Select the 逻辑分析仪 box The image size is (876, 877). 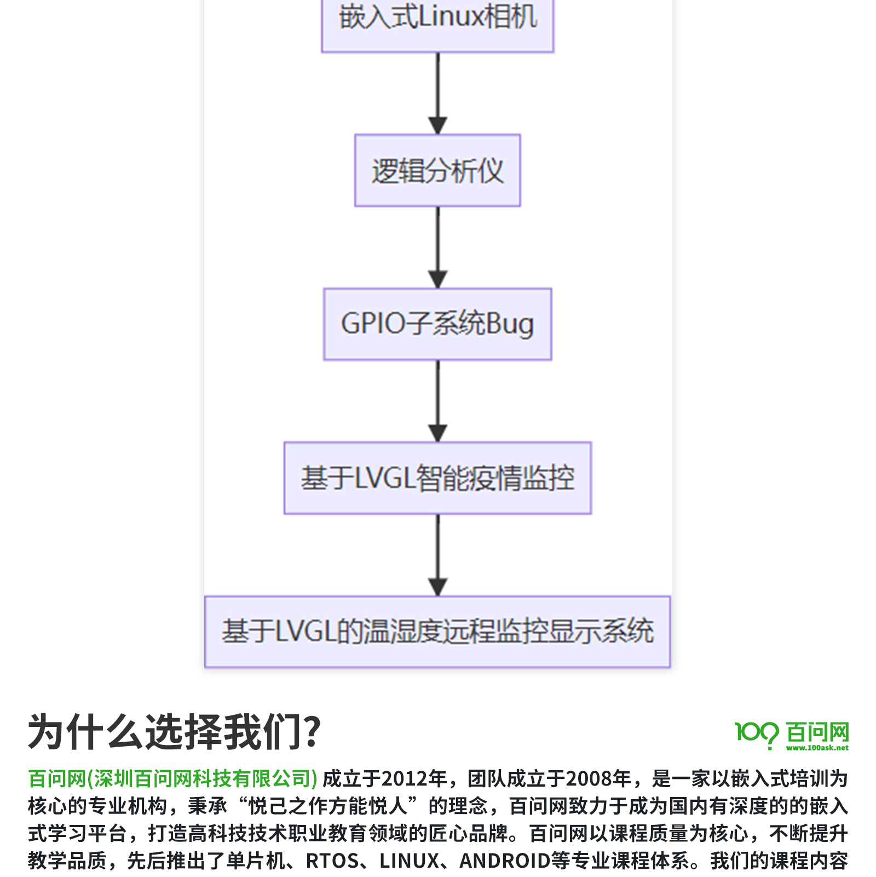tap(437, 170)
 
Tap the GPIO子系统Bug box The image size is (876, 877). tap(437, 324)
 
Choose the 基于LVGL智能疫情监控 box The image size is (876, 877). tap(437, 478)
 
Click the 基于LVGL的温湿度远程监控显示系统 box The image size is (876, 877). tap(437, 632)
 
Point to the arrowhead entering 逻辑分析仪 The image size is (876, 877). tap(437, 126)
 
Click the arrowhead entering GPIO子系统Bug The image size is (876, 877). tap(437, 280)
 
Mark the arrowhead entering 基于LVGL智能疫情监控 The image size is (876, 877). tap(437, 433)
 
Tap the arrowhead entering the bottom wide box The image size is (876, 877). tap(437, 587)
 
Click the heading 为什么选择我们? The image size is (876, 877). tap(174, 732)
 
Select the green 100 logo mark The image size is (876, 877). tap(756, 733)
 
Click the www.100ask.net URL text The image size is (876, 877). tap(817, 748)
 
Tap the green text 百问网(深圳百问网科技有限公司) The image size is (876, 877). tap(172, 778)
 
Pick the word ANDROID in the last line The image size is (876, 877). tap(504, 861)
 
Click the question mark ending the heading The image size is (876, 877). tap(313, 732)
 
